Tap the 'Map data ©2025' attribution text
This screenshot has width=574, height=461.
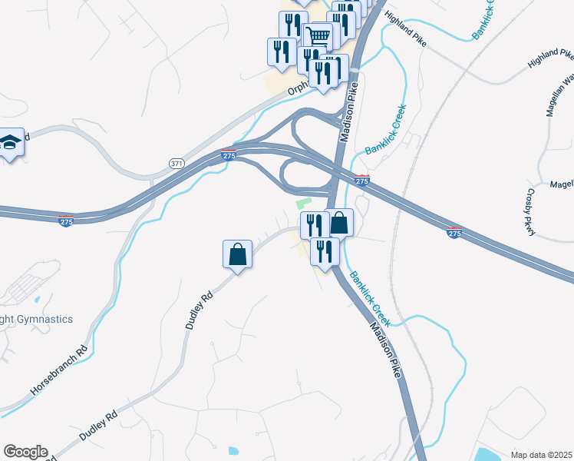(x=541, y=455)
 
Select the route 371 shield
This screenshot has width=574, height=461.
(x=177, y=163)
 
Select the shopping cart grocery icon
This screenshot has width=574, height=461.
(x=319, y=35)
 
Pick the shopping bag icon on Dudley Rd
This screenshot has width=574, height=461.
(x=238, y=254)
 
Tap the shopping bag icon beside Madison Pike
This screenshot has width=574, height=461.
(x=339, y=224)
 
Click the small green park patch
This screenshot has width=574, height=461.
(x=303, y=204)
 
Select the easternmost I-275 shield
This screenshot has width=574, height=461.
(x=454, y=232)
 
